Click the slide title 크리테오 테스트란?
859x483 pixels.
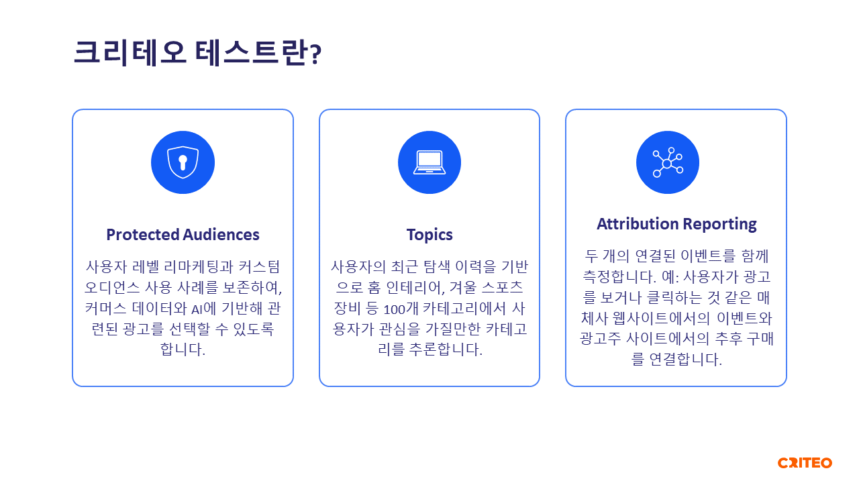[x=197, y=53]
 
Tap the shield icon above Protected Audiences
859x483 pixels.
[x=183, y=162]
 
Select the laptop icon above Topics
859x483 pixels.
[x=429, y=162]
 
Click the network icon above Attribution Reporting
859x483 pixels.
[x=668, y=162]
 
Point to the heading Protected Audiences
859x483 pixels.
[x=183, y=235]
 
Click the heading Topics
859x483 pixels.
[x=429, y=235]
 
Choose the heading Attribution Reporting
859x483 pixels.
[x=676, y=224]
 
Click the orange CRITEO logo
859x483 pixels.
[x=805, y=463]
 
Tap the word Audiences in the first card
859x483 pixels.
[x=221, y=235]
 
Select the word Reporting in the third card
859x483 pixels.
[x=720, y=224]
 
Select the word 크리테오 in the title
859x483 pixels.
[x=130, y=53]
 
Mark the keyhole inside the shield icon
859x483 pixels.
[x=183, y=162]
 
